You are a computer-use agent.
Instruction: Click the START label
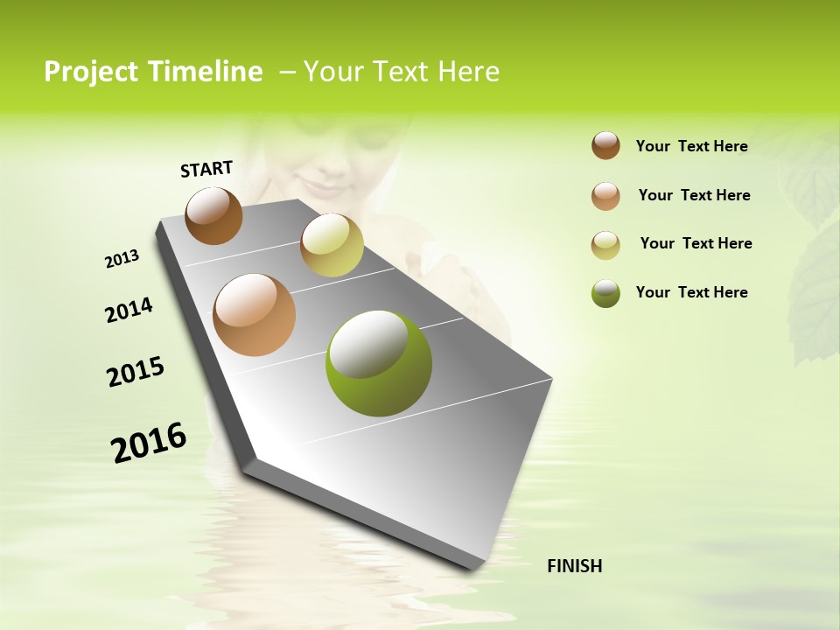click(206, 169)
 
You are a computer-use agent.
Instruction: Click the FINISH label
click(574, 566)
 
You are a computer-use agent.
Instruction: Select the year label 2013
click(122, 259)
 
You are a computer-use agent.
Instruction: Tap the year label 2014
click(129, 311)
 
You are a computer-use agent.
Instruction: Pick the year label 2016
click(149, 443)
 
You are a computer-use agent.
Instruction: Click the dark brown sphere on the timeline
click(213, 215)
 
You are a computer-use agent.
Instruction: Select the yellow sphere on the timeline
click(332, 245)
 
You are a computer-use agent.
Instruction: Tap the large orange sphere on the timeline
click(255, 315)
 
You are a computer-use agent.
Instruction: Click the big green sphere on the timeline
click(379, 362)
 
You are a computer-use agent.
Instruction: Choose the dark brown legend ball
click(605, 145)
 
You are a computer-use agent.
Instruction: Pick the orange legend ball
click(605, 196)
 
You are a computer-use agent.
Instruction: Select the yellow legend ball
click(605, 245)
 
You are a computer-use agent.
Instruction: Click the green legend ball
click(605, 293)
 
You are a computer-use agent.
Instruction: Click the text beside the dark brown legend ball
click(691, 146)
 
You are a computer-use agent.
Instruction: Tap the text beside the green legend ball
click(691, 292)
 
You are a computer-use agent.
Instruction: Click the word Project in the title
click(91, 72)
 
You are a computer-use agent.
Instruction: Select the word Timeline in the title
click(205, 72)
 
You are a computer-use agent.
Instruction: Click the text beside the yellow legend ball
click(696, 243)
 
